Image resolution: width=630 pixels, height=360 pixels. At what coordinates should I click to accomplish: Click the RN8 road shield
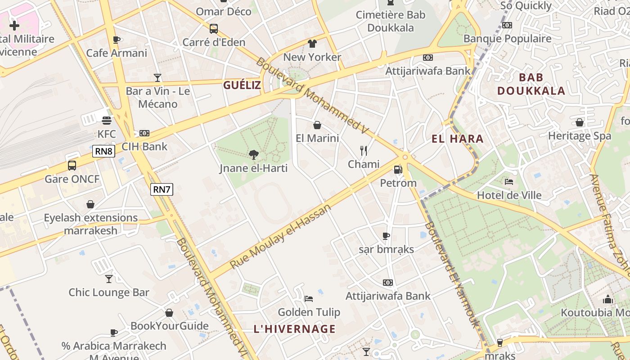pyautogui.click(x=103, y=151)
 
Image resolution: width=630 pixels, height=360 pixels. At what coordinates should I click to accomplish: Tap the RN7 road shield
pyautogui.click(x=162, y=189)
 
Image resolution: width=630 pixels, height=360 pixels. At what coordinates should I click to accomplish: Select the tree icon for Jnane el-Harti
pyautogui.click(x=254, y=155)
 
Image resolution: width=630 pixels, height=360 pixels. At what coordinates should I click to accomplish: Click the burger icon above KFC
pyautogui.click(x=107, y=121)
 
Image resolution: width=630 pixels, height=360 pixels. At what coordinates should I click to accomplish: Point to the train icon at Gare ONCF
pyautogui.click(x=72, y=166)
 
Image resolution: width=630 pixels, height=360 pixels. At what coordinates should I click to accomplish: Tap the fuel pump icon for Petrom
pyautogui.click(x=398, y=170)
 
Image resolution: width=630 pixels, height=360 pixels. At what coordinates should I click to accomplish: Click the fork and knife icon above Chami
pyautogui.click(x=364, y=151)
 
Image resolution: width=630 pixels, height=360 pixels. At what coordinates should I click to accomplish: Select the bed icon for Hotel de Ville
pyautogui.click(x=509, y=182)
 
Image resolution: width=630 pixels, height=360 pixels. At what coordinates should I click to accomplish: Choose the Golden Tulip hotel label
pyautogui.click(x=309, y=312)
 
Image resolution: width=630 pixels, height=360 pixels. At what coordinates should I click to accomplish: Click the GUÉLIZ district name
pyautogui.click(x=242, y=85)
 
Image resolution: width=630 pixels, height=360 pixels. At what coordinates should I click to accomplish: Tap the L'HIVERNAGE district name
pyautogui.click(x=295, y=329)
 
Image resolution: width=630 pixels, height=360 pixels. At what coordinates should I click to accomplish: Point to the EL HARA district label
pyautogui.click(x=458, y=139)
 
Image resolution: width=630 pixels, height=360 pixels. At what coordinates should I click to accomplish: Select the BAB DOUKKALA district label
pyautogui.click(x=531, y=84)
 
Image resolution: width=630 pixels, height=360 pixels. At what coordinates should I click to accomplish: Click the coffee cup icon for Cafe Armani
pyautogui.click(x=117, y=40)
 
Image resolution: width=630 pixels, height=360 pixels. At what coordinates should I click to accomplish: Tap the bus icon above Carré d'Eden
pyautogui.click(x=214, y=29)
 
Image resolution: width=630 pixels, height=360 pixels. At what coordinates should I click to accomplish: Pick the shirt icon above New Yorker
pyautogui.click(x=312, y=44)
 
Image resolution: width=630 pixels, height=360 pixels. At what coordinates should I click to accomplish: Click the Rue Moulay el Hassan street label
pyautogui.click(x=280, y=236)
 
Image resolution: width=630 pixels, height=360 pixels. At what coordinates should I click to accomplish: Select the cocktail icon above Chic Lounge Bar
pyautogui.click(x=109, y=279)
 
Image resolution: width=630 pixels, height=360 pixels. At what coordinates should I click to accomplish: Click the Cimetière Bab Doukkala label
pyautogui.click(x=391, y=21)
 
